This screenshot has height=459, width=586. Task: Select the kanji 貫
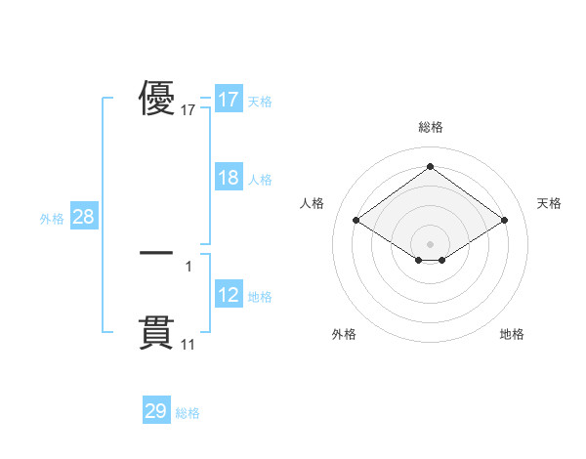pos(156,332)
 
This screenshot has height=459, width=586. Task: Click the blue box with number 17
pos(229,100)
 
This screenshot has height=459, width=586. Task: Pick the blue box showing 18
pos(229,179)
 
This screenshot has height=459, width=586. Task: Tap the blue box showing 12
pos(229,296)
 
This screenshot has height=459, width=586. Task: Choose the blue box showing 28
pos(83,218)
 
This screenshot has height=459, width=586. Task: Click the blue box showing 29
pos(156,412)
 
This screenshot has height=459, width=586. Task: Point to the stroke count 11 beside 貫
pos(188,344)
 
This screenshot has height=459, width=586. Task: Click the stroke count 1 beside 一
pos(188,266)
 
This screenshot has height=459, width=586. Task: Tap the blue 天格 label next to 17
pos(260,102)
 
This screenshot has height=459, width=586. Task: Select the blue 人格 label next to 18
pos(260,180)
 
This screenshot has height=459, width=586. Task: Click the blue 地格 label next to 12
pos(260,297)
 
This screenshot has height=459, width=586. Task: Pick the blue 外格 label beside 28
pos(52,219)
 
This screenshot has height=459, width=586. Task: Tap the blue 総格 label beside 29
pos(188,413)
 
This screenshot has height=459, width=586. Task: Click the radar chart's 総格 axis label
pos(430,127)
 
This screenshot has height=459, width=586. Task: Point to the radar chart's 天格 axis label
pos(550,203)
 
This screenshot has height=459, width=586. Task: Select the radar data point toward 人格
pos(356,221)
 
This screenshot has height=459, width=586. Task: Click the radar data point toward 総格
pos(430,167)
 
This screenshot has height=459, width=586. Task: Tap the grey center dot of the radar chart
pos(430,243)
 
